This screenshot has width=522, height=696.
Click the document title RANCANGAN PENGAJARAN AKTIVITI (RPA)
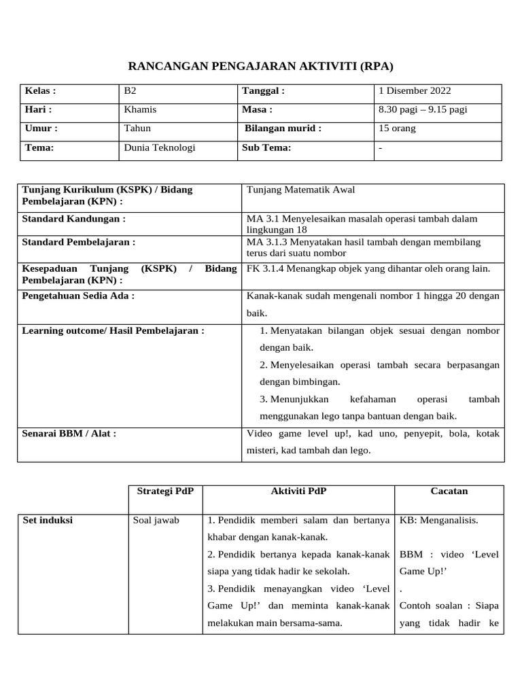pos(261,67)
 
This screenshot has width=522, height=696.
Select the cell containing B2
pos(130,91)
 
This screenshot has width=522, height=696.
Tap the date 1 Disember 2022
pos(415,91)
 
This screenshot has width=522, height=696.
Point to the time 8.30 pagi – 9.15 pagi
pos(423,109)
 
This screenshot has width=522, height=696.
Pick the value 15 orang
pos(398,128)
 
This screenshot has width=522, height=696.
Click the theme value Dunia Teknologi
pos(159,147)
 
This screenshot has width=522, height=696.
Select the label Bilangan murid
pos(283,128)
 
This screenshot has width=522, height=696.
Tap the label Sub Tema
pos(266,147)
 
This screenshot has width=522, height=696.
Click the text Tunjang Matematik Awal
pos(300,190)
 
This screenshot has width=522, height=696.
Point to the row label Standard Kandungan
pos(74,219)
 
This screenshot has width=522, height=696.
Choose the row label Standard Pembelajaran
pos(79,241)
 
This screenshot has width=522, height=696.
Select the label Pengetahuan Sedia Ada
pos(78,296)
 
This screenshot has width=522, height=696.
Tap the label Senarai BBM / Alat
pos(69,433)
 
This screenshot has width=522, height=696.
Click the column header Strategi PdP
pos(165,491)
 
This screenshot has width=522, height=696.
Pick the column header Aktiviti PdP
pos(298,491)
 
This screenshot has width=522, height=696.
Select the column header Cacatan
pos(449,491)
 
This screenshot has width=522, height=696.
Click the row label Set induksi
pos(48,521)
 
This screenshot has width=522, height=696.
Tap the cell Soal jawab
pos(156,521)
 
